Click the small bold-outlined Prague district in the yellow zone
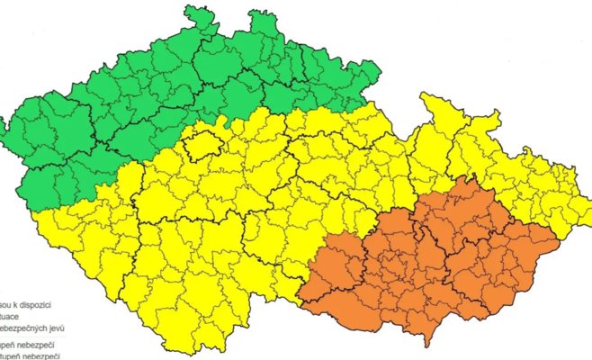click(x=203, y=143)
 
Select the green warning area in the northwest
click(x=135, y=99)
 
